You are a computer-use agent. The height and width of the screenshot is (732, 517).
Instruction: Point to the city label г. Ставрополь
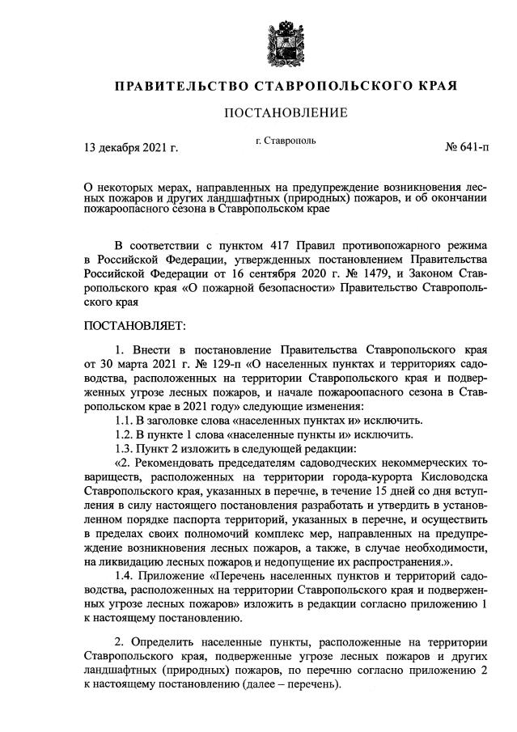click(286, 142)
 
